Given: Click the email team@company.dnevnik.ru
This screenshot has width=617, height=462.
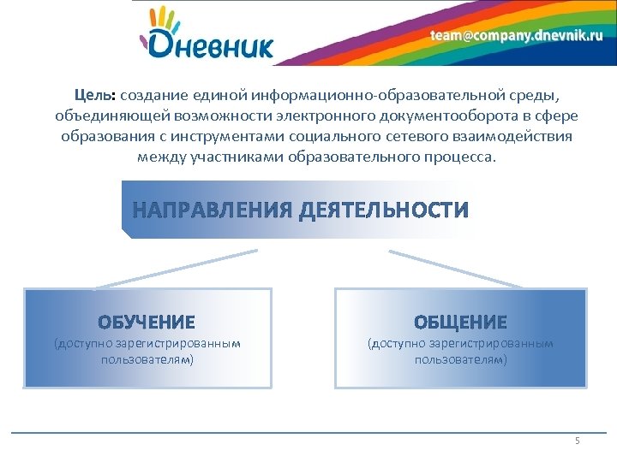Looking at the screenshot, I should tap(516, 35).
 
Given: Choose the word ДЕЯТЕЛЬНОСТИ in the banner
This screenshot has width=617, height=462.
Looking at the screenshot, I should tap(384, 210).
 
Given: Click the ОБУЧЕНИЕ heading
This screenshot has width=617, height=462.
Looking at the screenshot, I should tap(147, 323).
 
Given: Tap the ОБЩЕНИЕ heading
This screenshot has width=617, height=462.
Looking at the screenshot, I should tap(460, 323).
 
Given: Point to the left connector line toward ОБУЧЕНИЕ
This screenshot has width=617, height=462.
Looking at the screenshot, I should tap(176, 269).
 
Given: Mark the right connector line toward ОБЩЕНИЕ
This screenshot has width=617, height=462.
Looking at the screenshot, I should tap(454, 269).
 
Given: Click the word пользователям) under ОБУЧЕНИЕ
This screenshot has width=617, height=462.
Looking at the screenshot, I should tap(147, 360).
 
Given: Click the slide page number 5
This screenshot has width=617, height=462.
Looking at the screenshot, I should tap(577, 441).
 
